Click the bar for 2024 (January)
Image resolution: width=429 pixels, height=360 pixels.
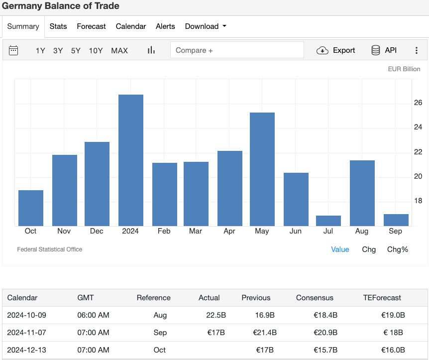[131, 160]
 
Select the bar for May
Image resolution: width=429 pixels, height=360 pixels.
[262, 169]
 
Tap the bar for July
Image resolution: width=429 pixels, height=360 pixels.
[328, 221]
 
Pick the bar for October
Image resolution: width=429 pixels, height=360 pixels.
[31, 208]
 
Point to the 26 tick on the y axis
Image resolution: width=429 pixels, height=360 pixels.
[418, 103]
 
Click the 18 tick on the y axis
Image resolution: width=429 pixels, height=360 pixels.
[418, 201]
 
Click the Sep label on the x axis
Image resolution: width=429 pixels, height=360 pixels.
[396, 231]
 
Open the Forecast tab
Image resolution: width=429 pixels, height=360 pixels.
[91, 26]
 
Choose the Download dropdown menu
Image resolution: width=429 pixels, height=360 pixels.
[206, 26]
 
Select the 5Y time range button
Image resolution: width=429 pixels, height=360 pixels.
[76, 50]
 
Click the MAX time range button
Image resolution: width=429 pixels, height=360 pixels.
[119, 50]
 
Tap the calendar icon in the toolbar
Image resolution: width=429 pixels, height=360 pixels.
[13, 50]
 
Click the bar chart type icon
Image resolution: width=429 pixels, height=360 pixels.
[151, 50]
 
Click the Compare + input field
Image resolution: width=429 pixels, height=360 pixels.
[237, 50]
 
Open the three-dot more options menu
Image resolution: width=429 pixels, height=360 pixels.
[417, 50]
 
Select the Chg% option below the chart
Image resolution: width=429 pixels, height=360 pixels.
[398, 249]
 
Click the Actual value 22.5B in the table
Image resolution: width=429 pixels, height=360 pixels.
[209, 315]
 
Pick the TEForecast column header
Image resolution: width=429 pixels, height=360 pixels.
[382, 298]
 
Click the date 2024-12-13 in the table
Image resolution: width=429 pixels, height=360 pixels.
[26, 350]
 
